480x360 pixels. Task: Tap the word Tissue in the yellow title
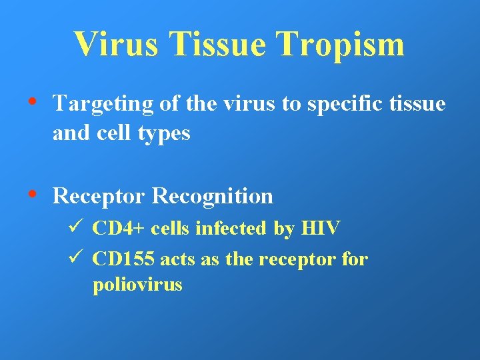tap(218, 44)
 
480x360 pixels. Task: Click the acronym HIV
tap(321, 229)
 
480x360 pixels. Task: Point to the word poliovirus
tap(137, 285)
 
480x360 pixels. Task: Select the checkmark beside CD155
tap(76, 258)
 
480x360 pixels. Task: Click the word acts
tap(177, 259)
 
